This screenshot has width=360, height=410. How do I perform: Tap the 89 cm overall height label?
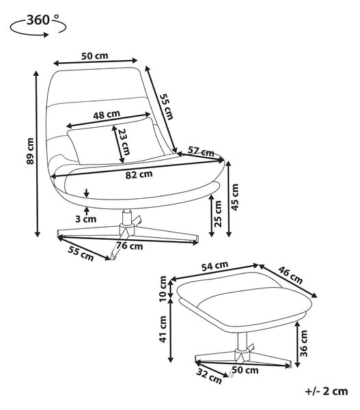point(30,151)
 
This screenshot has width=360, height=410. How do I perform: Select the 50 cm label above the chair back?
point(95,56)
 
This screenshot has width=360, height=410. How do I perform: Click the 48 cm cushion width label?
point(107,115)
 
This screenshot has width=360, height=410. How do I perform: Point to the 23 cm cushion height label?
point(123,141)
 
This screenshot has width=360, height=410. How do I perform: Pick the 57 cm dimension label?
point(201,152)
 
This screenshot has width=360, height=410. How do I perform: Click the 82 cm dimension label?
point(139,174)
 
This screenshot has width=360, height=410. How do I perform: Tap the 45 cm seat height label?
point(235,197)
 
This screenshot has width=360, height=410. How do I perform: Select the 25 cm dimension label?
point(218,214)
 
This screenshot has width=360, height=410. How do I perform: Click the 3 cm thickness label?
point(86,219)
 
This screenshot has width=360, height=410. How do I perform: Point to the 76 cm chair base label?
point(130,246)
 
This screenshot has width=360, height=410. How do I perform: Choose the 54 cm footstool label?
point(214,266)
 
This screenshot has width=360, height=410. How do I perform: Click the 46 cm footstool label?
point(290,275)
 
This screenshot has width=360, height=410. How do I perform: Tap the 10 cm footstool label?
point(163,288)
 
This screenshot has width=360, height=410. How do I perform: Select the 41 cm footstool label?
point(163,329)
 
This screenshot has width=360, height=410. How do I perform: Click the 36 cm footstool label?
point(303,344)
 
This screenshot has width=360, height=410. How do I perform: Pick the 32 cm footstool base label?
point(209,376)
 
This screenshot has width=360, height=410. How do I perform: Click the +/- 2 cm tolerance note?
point(327,392)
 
